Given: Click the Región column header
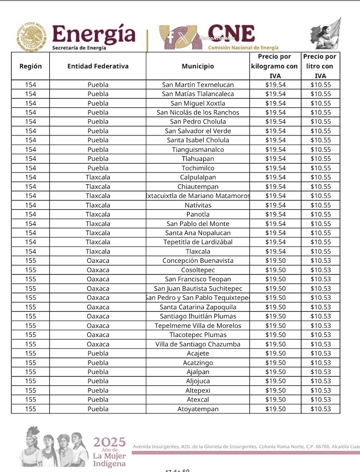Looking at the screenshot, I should click(x=30, y=66).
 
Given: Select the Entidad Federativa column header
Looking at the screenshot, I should click(x=98, y=66).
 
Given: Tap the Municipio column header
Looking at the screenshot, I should click(x=198, y=66).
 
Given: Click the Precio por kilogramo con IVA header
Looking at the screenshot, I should click(x=275, y=66).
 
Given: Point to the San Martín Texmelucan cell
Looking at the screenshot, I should click(x=198, y=85).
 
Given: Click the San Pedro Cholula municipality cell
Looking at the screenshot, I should click(x=198, y=122).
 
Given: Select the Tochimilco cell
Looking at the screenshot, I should click(x=198, y=168).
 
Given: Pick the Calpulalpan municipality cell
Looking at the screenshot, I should click(x=198, y=177).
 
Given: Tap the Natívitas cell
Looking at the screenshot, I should click(x=198, y=205).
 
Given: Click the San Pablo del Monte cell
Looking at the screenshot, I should click(x=198, y=224).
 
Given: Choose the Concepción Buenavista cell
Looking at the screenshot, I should click(x=198, y=261).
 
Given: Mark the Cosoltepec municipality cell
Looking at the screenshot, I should click(x=198, y=270).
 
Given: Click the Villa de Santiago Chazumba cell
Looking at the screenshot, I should click(x=198, y=344).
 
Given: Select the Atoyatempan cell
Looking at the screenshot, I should click(x=198, y=409).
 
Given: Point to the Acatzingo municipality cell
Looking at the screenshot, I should click(x=198, y=363).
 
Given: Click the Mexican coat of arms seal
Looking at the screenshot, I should click(x=31, y=37).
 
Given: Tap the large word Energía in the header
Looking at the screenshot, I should click(x=94, y=34).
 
